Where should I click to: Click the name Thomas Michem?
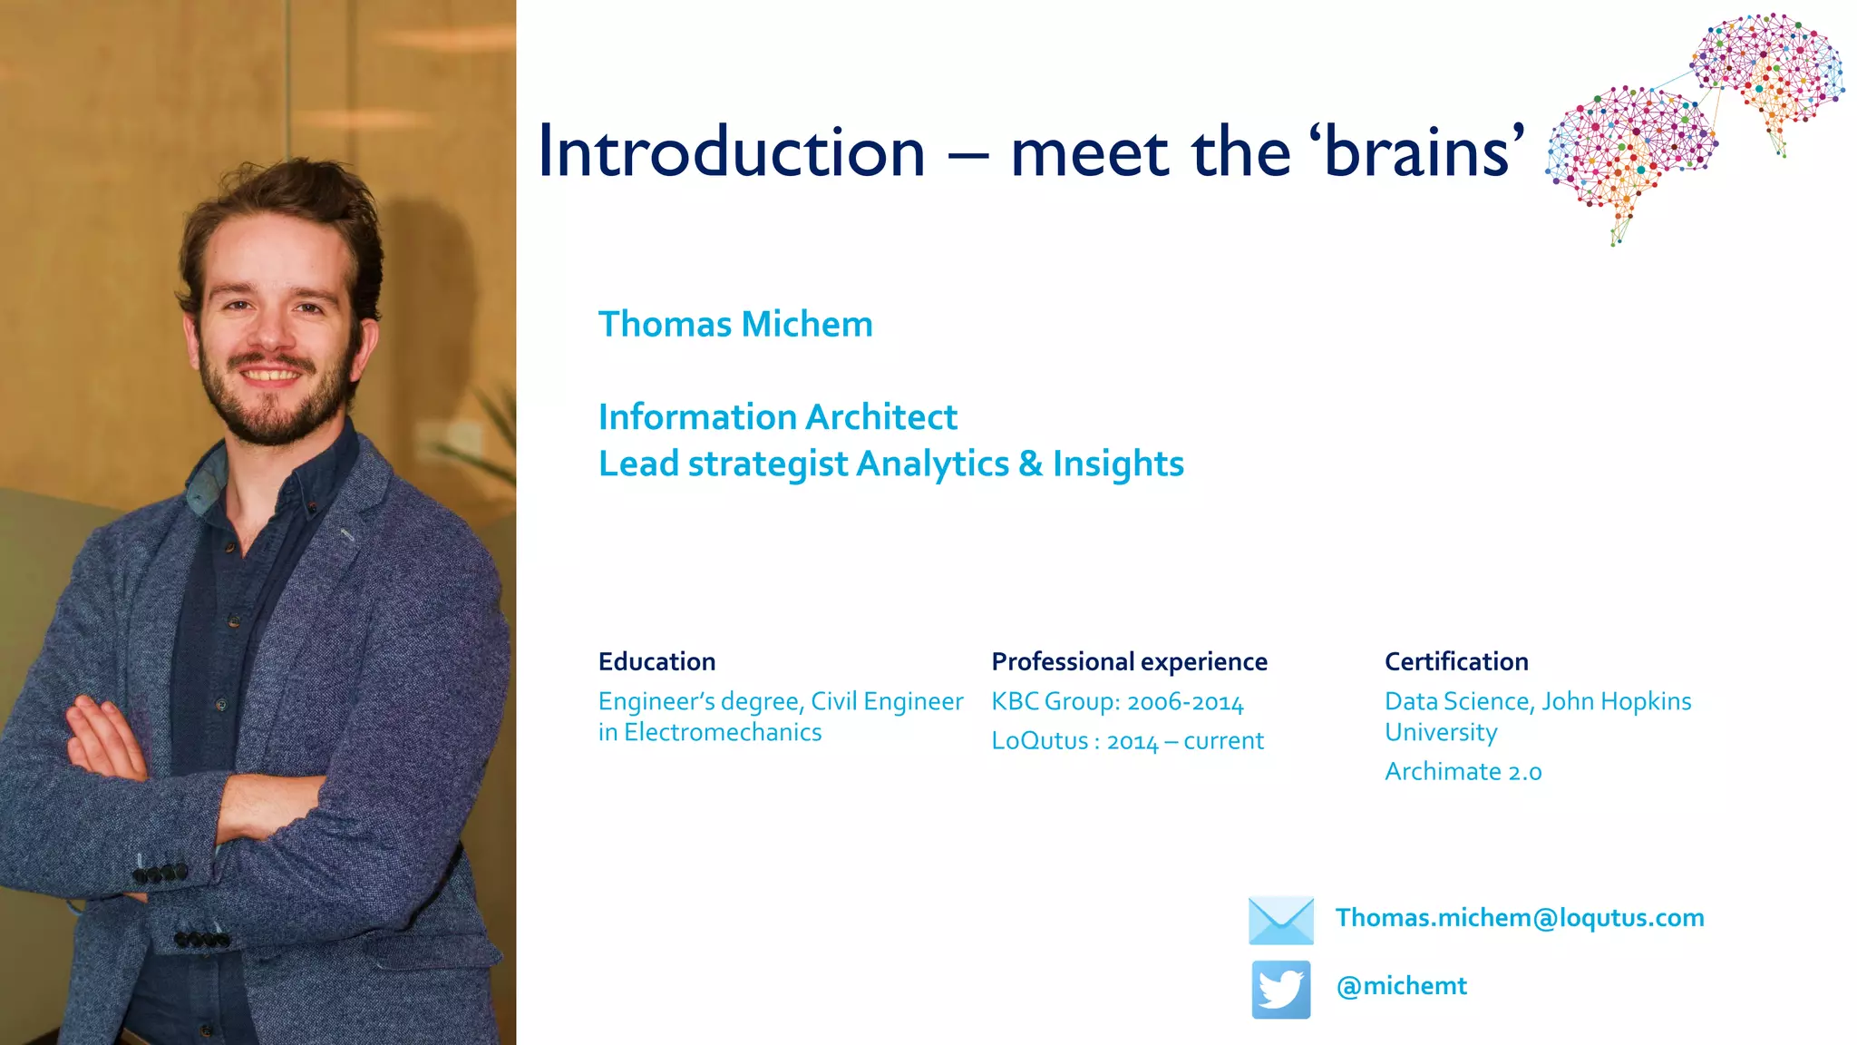735,325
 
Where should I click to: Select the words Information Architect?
777,417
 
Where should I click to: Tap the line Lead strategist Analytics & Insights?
890,464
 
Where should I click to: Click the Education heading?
656,661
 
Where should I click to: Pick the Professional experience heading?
1129,661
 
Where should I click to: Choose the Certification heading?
1456,661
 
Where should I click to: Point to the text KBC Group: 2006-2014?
1117,701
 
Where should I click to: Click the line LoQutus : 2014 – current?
1127,741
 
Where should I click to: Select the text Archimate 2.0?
1463,772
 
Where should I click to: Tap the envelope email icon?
1280,920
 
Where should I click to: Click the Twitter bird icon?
1280,989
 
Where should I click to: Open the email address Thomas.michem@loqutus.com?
1520,918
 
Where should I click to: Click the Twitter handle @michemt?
1401,986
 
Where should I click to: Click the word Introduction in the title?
731,151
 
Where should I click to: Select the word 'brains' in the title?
1417,151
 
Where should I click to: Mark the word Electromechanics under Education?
723,732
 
